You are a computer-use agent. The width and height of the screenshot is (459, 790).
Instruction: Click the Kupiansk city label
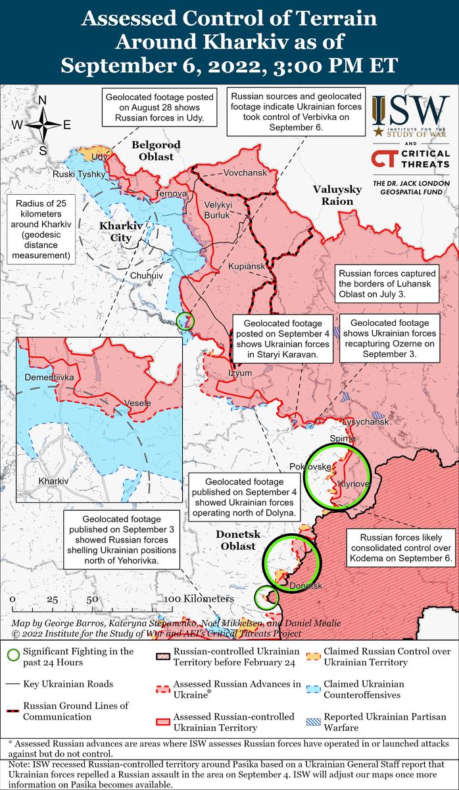pos(246,267)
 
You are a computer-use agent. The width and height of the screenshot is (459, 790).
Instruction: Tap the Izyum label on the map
pos(240,373)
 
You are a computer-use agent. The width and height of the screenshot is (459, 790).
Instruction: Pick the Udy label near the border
pos(99,157)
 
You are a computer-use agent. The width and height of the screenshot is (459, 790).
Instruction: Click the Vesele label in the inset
pos(137,403)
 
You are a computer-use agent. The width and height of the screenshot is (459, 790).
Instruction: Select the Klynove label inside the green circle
pos(353,484)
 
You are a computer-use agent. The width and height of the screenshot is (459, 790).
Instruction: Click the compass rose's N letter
pos(42,101)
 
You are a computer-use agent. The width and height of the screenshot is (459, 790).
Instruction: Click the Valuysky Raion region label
pos(337,196)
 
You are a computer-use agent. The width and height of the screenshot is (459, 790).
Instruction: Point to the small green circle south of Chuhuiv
pos(187,321)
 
